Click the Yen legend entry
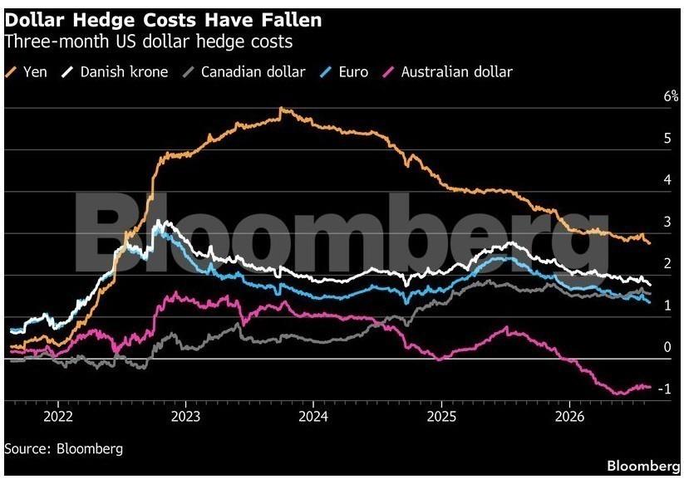coord(26,72)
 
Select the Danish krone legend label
coord(125,72)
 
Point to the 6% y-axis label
coord(671,96)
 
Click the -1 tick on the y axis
coord(664,389)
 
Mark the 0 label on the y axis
coord(667,347)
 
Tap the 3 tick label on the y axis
coord(667,222)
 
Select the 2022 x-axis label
coord(58,417)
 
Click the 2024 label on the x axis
coord(313,417)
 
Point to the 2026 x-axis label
coord(569,417)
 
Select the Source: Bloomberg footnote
coord(64,448)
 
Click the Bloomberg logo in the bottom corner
coord(643,466)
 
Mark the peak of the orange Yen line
coord(282,108)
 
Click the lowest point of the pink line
coord(619,394)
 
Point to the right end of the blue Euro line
coord(650,302)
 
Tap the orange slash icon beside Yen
coord(11,72)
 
